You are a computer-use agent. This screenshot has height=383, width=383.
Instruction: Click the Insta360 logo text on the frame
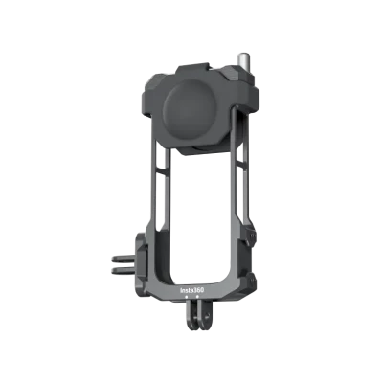[192, 291]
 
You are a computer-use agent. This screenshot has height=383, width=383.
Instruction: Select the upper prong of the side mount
[124, 259]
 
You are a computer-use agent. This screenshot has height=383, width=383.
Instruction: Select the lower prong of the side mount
[124, 271]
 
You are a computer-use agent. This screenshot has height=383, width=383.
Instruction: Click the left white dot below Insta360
[186, 297]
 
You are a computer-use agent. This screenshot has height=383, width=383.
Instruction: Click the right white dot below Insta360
[197, 297]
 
